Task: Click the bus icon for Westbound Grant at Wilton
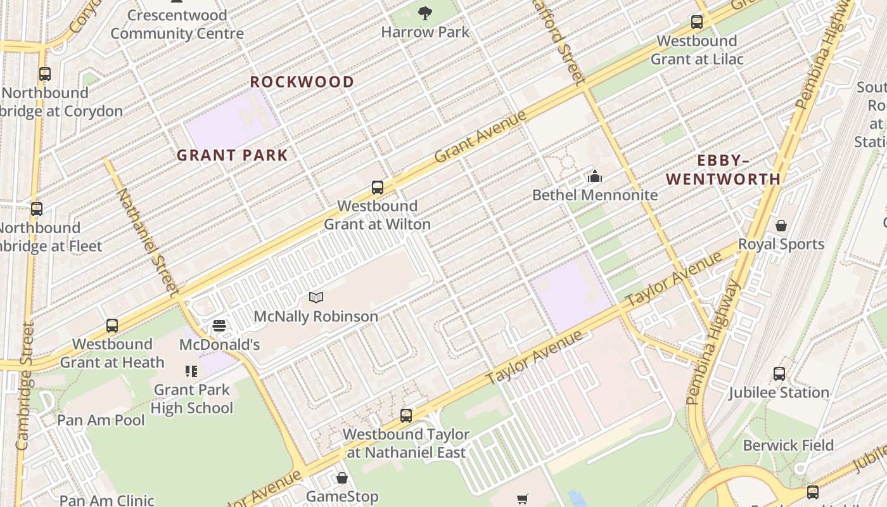tap(378, 188)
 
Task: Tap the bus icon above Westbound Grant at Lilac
tap(697, 23)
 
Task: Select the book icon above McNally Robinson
tap(316, 297)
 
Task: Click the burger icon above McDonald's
tap(219, 326)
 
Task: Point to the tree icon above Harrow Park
tap(425, 13)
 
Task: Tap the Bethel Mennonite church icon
tap(594, 176)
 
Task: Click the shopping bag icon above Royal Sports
tap(781, 226)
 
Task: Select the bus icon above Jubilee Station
tap(779, 374)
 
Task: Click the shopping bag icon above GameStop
tap(342, 478)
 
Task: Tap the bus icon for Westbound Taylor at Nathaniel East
tap(406, 416)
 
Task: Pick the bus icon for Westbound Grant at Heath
tap(112, 326)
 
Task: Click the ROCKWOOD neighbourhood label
tap(302, 82)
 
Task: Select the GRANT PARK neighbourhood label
tap(232, 155)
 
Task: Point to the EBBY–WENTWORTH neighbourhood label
tap(723, 170)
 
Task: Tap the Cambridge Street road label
tap(25, 387)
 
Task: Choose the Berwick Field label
tap(788, 446)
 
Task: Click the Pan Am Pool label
tap(101, 420)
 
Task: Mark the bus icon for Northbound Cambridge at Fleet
tap(37, 209)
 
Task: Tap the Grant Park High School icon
tap(191, 371)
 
